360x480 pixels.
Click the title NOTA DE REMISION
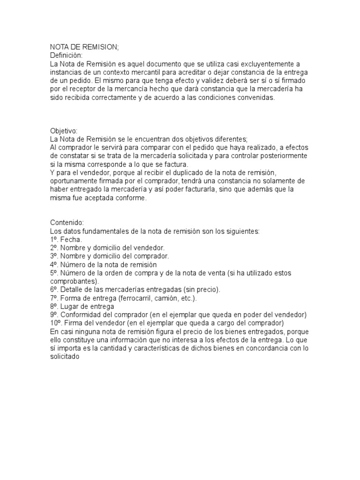coord(84,47)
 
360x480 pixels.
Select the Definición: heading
coord(66,55)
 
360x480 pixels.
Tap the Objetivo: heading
coord(64,131)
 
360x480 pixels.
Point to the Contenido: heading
coord(67,222)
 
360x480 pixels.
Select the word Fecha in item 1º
coord(70,239)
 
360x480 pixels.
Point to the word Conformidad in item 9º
coord(82,314)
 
